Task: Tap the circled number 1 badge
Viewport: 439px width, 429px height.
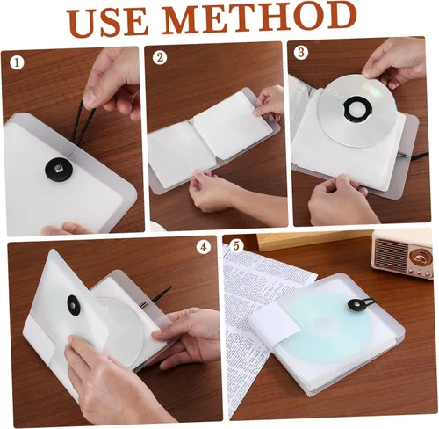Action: point(17,62)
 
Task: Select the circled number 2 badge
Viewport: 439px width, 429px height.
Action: point(160,57)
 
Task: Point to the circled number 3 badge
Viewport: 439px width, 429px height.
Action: point(301,53)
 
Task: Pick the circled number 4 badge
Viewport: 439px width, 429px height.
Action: point(204,247)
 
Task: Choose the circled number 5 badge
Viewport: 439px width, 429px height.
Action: point(236,245)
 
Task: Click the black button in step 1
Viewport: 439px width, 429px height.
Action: point(59,170)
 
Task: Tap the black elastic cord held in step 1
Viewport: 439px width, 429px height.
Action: point(83,125)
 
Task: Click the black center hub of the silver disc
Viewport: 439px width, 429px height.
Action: point(357,108)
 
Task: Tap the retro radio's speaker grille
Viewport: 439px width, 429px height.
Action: point(392,252)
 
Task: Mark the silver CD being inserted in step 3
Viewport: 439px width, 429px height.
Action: point(357,111)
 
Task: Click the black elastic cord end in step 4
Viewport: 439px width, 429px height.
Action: point(161,294)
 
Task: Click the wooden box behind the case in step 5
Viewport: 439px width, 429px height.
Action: point(313,242)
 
